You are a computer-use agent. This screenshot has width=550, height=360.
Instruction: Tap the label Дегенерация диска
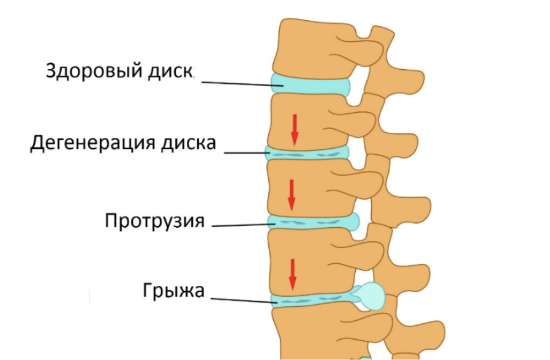click(x=123, y=144)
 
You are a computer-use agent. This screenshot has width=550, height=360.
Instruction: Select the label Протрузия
click(x=154, y=220)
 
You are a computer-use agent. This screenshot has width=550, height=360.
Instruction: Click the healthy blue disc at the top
click(x=309, y=84)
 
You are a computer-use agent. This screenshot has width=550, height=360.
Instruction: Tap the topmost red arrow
click(x=295, y=129)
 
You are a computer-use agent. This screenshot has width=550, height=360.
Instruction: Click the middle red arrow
click(x=291, y=195)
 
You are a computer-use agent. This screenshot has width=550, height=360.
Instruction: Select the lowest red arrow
click(x=293, y=274)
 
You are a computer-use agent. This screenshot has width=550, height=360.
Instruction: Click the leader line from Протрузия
click(x=242, y=224)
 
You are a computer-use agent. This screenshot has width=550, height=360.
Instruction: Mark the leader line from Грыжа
click(x=242, y=300)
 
